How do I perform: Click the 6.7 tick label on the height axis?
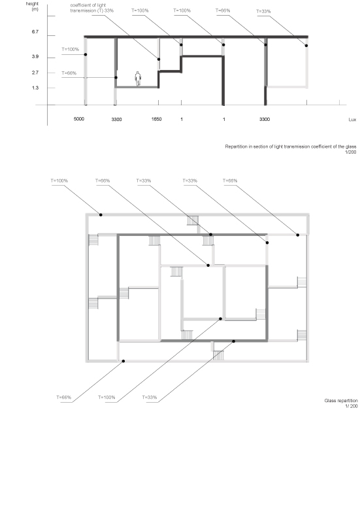click(x=35, y=32)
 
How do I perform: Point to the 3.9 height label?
click(x=35, y=57)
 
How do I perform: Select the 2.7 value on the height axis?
click(x=35, y=73)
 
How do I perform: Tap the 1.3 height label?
click(x=35, y=88)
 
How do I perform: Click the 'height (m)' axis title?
click(x=33, y=7)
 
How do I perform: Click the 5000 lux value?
click(x=79, y=119)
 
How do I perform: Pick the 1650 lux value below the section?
click(x=156, y=119)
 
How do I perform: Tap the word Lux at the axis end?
click(x=352, y=120)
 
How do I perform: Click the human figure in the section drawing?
click(x=138, y=78)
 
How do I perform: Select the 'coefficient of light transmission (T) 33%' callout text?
click(x=91, y=8)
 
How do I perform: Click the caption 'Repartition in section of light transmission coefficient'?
click(x=290, y=146)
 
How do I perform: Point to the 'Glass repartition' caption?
click(x=340, y=401)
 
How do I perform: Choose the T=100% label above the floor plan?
click(x=59, y=181)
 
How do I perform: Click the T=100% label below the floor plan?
click(x=106, y=397)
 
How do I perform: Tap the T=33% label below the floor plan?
click(x=150, y=397)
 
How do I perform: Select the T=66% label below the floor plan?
click(x=63, y=397)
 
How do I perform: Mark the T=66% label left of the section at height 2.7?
click(x=69, y=73)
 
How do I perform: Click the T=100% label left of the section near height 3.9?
click(x=71, y=50)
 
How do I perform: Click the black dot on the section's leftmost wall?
click(x=86, y=54)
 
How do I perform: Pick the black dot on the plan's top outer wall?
click(x=101, y=215)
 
